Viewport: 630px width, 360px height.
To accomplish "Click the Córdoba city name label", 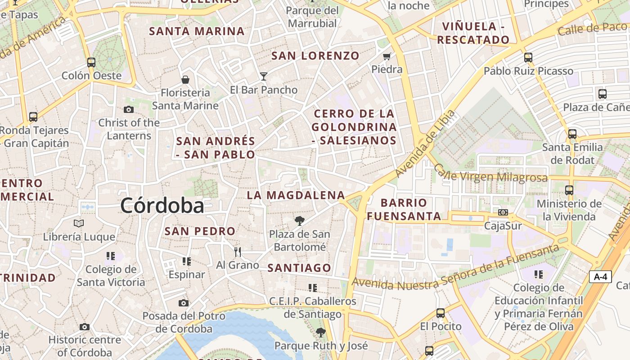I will [162, 206].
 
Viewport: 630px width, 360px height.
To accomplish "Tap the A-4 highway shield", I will [600, 277].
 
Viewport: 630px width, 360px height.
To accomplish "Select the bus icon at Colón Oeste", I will [91, 63].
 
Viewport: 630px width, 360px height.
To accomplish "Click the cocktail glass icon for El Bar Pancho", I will [263, 76].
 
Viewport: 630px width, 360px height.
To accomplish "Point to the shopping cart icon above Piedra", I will [387, 56].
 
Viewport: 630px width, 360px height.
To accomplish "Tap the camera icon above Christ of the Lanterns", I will [128, 109].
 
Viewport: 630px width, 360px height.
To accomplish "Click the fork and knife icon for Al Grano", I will [238, 252].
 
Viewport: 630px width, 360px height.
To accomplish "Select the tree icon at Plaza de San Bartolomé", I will [299, 220].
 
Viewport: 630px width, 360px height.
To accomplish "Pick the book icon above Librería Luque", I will [79, 223].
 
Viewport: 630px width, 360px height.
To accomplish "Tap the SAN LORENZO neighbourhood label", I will [315, 56].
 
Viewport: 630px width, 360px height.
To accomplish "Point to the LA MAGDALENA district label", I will [296, 195].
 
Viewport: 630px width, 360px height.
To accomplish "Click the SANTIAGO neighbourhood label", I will [299, 268].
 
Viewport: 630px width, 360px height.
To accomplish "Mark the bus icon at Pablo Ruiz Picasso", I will [528, 58].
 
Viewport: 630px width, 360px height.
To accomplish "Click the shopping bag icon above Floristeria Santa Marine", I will [185, 80].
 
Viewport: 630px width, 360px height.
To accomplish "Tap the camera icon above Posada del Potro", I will [183, 303].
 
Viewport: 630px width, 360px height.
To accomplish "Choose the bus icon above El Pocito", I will [441, 313].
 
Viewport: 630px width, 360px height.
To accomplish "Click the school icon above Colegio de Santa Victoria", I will [111, 256].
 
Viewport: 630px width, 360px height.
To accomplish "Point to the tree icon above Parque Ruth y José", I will [320, 333].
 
